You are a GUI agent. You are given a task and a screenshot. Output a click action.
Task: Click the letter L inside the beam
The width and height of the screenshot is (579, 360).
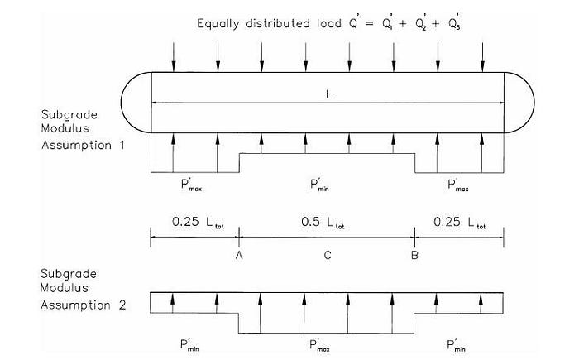pos(329,95)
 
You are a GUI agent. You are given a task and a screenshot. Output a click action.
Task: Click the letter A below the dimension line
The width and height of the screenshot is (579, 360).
pos(239,255)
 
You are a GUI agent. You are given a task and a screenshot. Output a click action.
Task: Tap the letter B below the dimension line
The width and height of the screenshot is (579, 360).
pos(414,255)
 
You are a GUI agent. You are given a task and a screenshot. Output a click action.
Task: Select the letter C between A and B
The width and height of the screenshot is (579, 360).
pos(328,255)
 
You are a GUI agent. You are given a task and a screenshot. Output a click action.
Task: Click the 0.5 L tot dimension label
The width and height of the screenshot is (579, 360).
pos(323,222)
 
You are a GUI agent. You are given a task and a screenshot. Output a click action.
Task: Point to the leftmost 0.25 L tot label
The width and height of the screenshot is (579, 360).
pos(198,222)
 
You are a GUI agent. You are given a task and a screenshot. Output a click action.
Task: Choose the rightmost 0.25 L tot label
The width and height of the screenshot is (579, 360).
pos(459,222)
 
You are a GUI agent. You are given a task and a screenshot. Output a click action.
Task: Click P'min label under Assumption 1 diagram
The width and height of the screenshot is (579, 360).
pos(320,185)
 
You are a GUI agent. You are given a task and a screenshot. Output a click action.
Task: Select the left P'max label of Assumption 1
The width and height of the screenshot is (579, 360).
pos(191,185)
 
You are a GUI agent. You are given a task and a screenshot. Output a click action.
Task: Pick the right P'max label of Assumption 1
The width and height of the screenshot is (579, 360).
pos(458,185)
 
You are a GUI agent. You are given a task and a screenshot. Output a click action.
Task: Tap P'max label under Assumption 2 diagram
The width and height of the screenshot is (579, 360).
pos(320,346)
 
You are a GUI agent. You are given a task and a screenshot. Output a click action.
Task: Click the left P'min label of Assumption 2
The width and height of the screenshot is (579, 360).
pos(189,345)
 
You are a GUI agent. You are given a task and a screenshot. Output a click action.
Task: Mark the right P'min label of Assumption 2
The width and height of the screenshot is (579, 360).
pos(456,345)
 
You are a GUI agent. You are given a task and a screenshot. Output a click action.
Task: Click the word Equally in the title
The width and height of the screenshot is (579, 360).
pos(218,24)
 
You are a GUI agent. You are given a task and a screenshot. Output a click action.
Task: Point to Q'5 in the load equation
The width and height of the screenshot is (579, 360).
pos(455,22)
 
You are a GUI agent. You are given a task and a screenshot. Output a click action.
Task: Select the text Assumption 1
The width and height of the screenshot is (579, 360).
pos(83,146)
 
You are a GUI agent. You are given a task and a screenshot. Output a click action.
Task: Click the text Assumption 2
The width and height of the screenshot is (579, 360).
pos(83,305)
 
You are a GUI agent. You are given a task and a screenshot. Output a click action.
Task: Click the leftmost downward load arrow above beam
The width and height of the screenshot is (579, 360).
pos(174,57)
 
